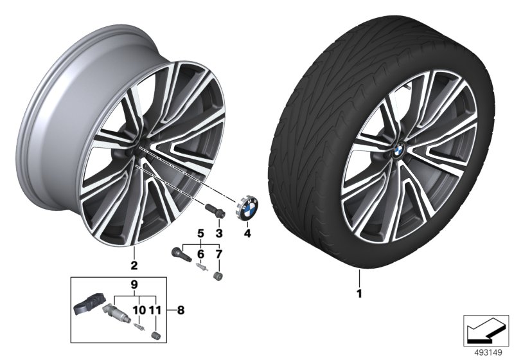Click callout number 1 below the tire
coord(359,293)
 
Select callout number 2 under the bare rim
coord(134,265)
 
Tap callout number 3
coord(219,233)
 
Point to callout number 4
coord(247,233)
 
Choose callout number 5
coord(200,233)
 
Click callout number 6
coord(200,254)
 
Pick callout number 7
coord(219,254)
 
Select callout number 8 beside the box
coord(181,310)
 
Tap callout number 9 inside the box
coord(134,285)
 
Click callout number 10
coord(139,310)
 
